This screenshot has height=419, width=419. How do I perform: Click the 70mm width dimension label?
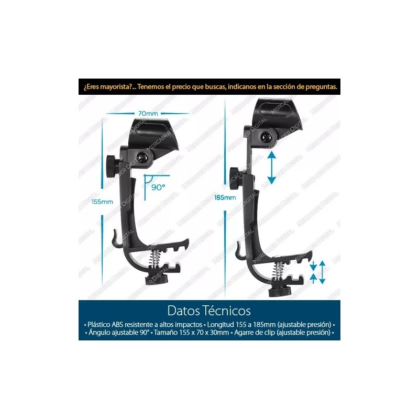point(148,114)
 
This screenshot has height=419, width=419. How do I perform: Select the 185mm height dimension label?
point(225,197)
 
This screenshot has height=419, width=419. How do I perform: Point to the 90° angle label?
point(159,186)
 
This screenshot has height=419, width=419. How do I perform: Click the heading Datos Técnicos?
point(209,311)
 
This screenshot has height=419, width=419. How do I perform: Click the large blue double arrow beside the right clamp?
point(271,168)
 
